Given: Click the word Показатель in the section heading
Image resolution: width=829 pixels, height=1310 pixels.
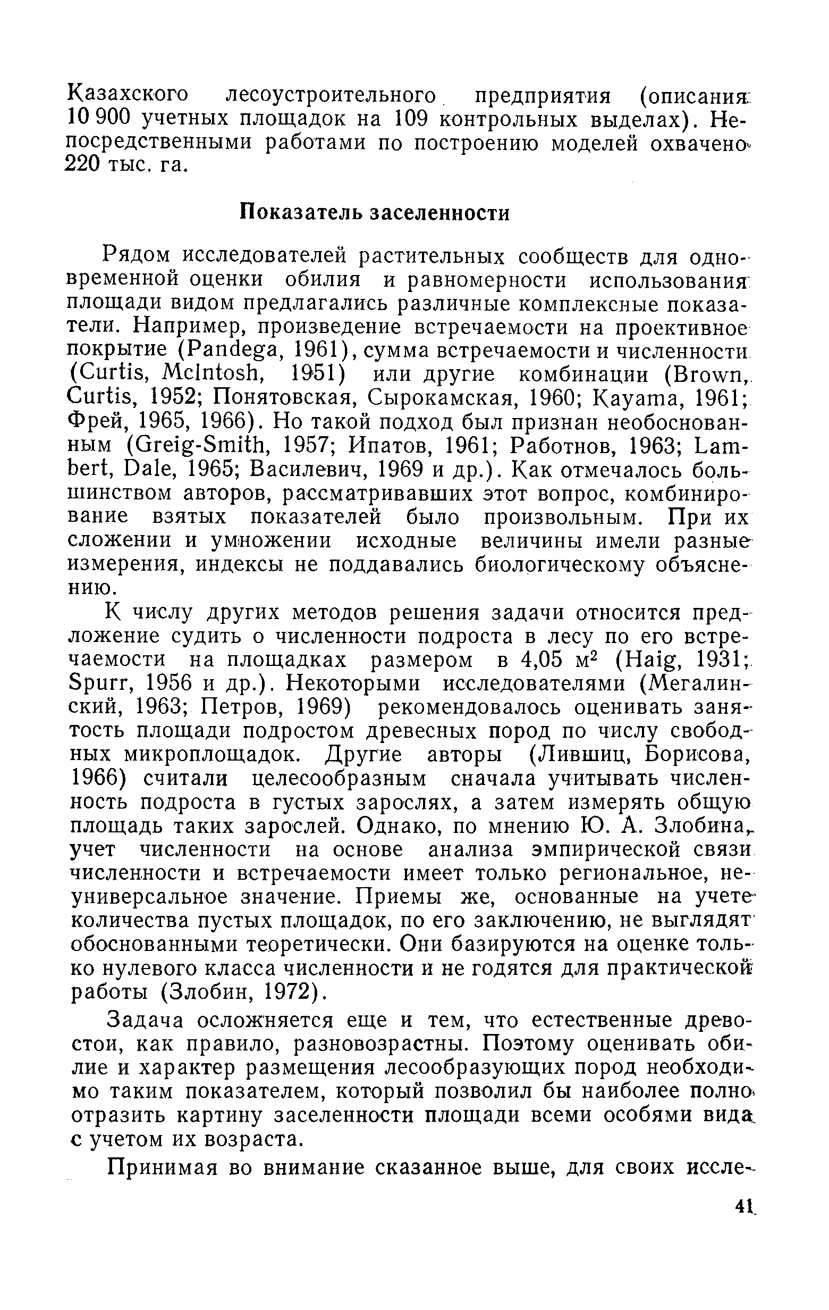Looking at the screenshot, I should (301, 213).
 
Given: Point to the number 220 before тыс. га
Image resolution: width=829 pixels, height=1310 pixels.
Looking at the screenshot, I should (81, 165).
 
